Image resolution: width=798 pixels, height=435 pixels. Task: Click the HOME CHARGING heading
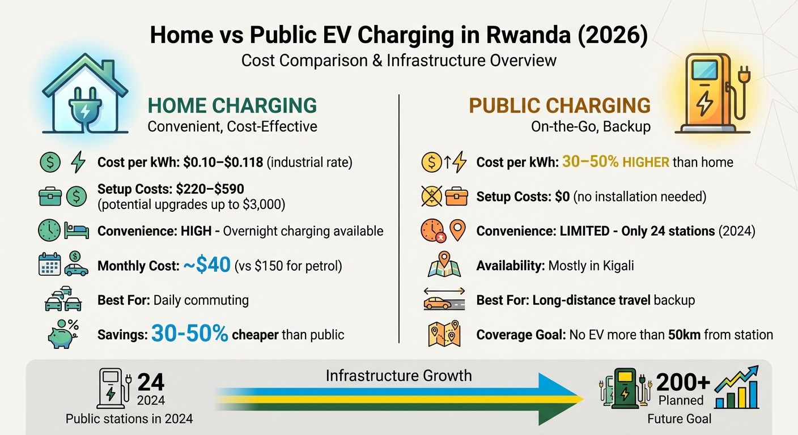coord(232,106)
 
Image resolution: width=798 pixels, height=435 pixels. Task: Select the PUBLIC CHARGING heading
coord(560,106)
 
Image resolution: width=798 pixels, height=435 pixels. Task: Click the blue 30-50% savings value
coord(189,334)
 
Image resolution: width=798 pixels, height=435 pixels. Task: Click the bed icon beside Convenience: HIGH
coord(77,231)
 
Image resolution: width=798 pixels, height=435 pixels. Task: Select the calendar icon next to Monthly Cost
coord(50,265)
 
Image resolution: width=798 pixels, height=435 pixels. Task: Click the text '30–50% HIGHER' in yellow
coord(616,163)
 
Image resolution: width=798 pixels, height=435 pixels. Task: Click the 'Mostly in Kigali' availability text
coord(591,266)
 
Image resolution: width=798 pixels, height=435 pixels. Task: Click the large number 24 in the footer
coord(151,383)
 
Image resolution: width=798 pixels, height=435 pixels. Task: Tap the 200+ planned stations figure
coord(683,383)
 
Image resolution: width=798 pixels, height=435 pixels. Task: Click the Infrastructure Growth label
coord(398,376)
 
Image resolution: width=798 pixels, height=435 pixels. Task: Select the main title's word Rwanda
coord(519,35)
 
